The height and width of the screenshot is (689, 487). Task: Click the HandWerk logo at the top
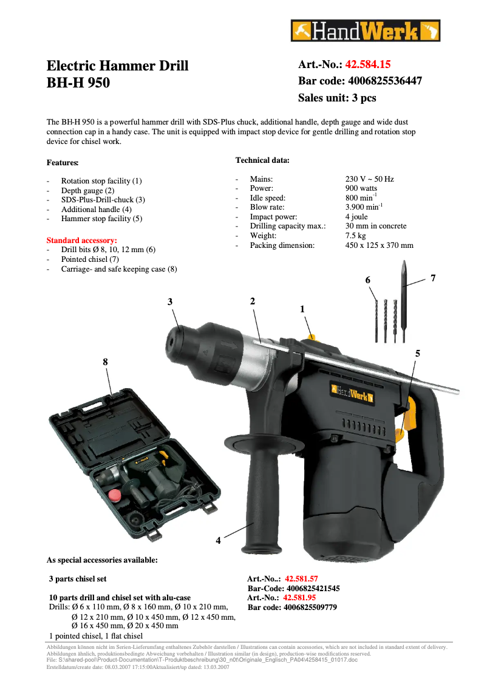coord(365,30)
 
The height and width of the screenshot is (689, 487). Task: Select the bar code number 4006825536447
coord(384,81)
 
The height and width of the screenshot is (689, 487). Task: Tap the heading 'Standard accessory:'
coord(82,241)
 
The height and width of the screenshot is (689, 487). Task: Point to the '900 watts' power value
coord(361,188)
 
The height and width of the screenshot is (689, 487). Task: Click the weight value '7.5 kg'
coord(356,236)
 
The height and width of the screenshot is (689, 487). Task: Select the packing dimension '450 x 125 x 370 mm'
coord(380,245)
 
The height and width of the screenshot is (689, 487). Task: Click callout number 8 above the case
coord(105,362)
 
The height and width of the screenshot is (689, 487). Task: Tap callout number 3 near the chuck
coord(170,301)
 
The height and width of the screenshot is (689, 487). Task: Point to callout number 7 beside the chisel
coord(433,278)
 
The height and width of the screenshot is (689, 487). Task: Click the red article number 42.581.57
coord(302,579)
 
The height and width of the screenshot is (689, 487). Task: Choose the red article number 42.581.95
coord(299,598)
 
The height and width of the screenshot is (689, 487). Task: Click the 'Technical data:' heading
coord(262,160)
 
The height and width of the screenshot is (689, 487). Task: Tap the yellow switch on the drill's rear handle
coord(405,419)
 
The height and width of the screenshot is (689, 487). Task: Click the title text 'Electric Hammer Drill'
coord(118,66)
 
